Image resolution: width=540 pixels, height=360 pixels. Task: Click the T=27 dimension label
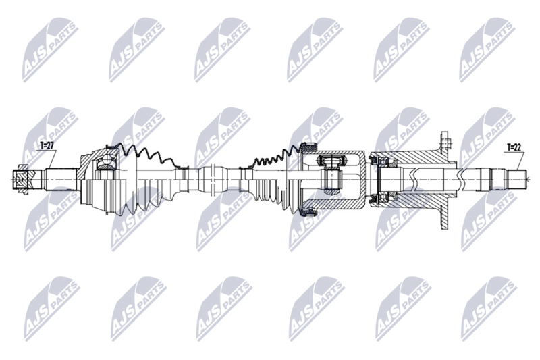coord(47,146)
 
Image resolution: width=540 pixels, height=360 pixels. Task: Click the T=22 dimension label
coord(514,147)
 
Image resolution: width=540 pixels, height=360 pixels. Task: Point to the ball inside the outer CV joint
coord(107,160)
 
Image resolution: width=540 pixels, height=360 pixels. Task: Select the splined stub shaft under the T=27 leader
coord(61,178)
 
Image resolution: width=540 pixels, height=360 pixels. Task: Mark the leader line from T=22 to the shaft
coord(519,161)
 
